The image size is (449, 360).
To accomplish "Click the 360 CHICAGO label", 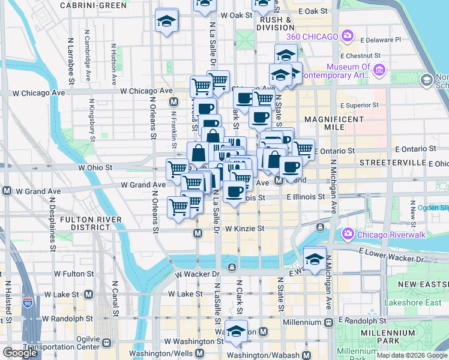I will [x=312, y=37].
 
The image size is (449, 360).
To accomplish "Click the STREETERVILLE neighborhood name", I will [x=387, y=163].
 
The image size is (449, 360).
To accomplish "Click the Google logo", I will [x=20, y=353].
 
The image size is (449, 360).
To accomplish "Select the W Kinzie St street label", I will [x=244, y=229].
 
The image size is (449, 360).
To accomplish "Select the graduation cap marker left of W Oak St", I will [x=166, y=22].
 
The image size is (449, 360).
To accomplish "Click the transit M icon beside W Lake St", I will [x=89, y=294].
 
